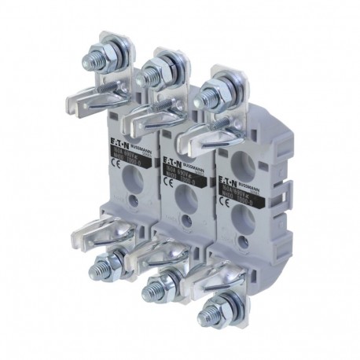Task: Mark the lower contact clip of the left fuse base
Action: point(94,236)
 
